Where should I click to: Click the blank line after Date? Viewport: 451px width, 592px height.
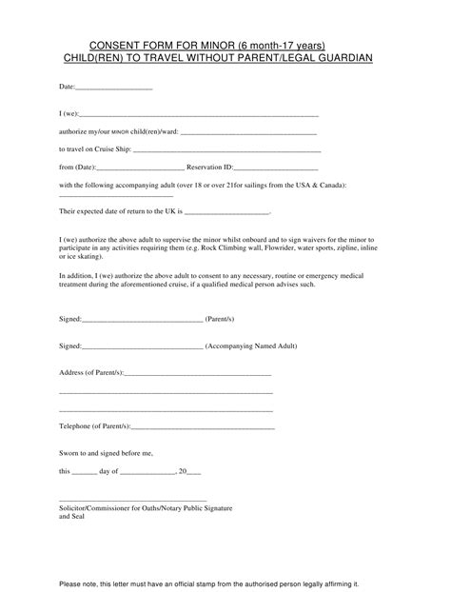point(113,89)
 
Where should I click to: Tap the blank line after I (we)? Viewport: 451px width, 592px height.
point(201,114)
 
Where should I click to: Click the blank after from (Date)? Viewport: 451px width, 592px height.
point(142,168)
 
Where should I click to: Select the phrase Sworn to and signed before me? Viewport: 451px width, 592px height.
point(106,453)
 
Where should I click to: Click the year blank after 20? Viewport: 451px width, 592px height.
point(194,471)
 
